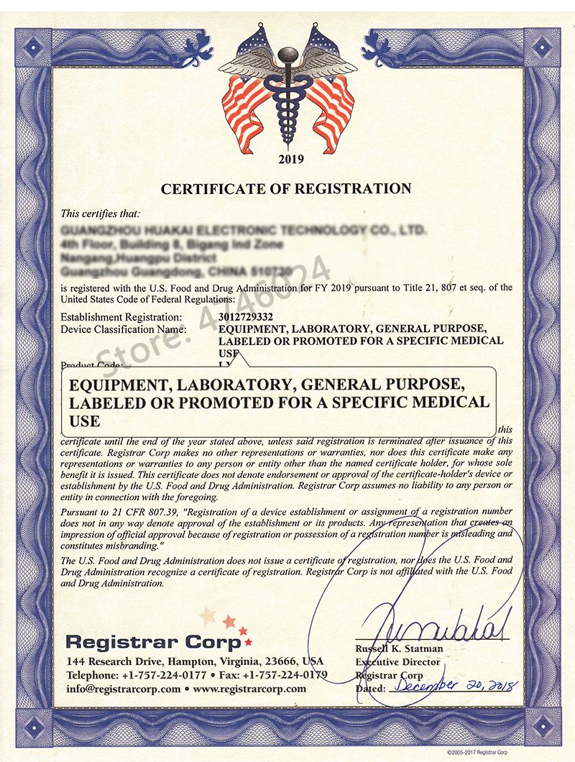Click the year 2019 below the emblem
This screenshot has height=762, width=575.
pyautogui.click(x=287, y=159)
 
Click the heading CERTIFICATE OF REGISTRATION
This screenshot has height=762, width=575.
pyautogui.click(x=286, y=189)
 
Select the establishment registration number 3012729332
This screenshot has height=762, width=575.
pyautogui.click(x=244, y=317)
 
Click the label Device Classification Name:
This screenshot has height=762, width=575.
pyautogui.click(x=124, y=329)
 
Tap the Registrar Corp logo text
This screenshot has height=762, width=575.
pyautogui.click(x=153, y=641)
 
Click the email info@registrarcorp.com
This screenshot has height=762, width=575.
pyautogui.click(x=123, y=689)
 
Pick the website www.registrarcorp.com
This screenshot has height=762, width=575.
pyautogui.click(x=249, y=689)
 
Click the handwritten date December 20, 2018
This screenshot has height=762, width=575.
pyautogui.click(x=454, y=686)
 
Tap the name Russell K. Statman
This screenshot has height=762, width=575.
pyautogui.click(x=400, y=648)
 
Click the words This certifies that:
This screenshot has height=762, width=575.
pyautogui.click(x=101, y=213)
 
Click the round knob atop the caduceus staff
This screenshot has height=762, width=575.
pyautogui.click(x=287, y=55)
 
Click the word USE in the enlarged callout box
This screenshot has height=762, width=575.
pyautogui.click(x=85, y=421)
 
